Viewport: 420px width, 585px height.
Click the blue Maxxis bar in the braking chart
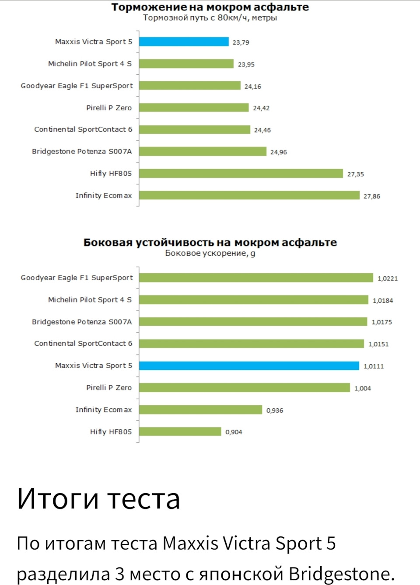pyautogui.click(x=184, y=42)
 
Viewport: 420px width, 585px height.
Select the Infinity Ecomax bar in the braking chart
pyautogui.click(x=249, y=195)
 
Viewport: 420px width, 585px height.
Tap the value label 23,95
pyautogui.click(x=246, y=64)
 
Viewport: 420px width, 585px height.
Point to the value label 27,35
pyautogui.click(x=355, y=174)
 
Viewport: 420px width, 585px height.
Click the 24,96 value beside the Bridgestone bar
pyautogui.click(x=278, y=152)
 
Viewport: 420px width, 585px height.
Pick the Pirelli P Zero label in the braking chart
pyautogui.click(x=109, y=108)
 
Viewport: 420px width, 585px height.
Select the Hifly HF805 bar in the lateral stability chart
pyautogui.click(x=180, y=432)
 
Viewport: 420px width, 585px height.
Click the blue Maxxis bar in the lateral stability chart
pyautogui.click(x=249, y=366)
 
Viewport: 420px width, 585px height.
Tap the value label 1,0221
pyautogui.click(x=387, y=278)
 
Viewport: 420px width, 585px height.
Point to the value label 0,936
pyautogui.click(x=274, y=410)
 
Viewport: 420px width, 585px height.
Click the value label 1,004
pyautogui.click(x=362, y=388)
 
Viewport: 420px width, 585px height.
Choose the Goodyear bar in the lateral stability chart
pyautogui.click(x=256, y=278)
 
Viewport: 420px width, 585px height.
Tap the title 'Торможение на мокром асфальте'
pyautogui.click(x=210, y=7)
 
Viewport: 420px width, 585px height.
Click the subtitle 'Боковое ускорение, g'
pyautogui.click(x=210, y=253)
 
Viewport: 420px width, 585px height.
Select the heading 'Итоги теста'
pyautogui.click(x=98, y=498)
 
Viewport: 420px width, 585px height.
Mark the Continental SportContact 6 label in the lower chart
pyautogui.click(x=83, y=344)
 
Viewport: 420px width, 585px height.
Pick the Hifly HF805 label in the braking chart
pyautogui.click(x=111, y=174)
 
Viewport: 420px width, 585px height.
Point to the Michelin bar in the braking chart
pyautogui.click(x=186, y=64)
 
